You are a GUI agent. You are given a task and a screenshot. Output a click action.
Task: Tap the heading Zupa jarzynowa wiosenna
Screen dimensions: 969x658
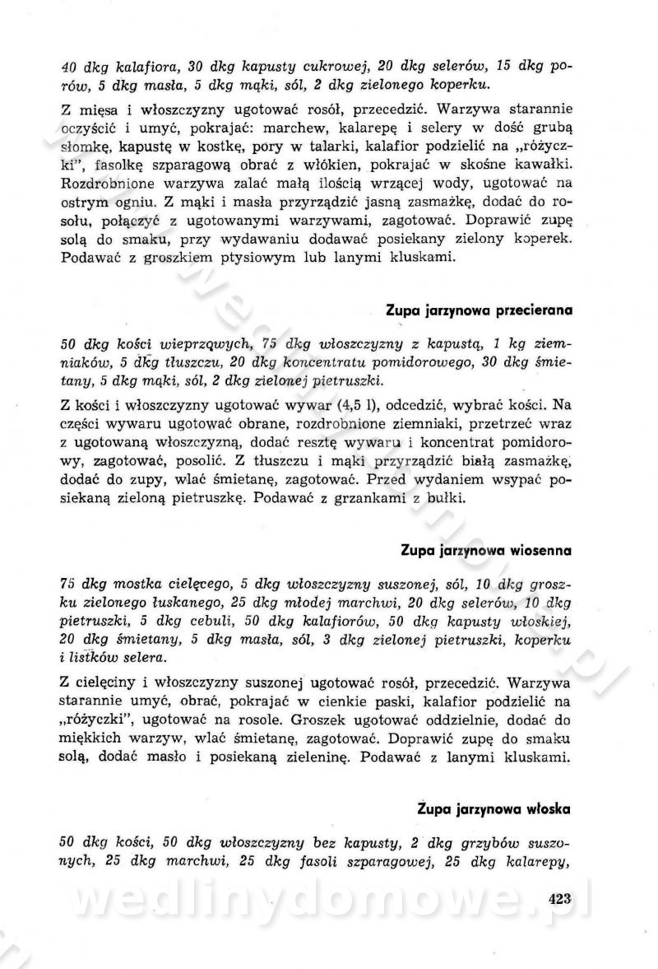click(x=486, y=548)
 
